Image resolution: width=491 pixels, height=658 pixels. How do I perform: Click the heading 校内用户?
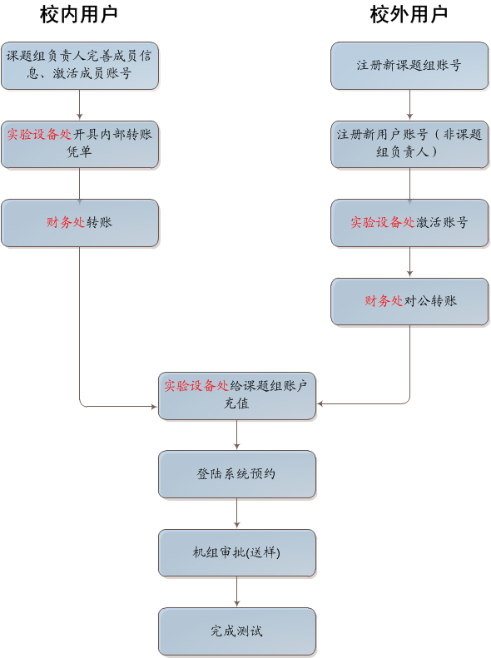coord(79,15)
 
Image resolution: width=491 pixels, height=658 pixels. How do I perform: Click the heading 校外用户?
coord(409,15)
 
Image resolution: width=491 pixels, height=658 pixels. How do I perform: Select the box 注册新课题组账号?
coord(409,66)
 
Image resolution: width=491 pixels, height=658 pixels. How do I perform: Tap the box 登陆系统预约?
coord(236,474)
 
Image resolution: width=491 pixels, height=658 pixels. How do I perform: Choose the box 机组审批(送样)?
coord(236,552)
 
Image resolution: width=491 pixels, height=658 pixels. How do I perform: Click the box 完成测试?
coord(236,631)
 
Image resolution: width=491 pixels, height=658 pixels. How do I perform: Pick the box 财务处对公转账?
coord(409,301)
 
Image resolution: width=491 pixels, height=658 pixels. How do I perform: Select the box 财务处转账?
coord(80,223)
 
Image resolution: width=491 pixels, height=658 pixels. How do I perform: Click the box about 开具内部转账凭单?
coord(80,145)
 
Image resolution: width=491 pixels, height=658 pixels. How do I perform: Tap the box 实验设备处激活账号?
coord(409,223)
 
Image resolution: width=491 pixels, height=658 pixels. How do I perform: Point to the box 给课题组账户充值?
coord(236,396)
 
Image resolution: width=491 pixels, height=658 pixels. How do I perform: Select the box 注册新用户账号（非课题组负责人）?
coord(409,145)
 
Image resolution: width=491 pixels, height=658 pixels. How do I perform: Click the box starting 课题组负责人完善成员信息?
coord(80,66)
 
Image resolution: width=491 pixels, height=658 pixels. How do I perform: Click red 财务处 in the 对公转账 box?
coord(384,301)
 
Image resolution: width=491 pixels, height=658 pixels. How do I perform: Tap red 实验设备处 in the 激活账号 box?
coord(383,222)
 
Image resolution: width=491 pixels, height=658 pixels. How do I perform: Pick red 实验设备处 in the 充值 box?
coord(196,386)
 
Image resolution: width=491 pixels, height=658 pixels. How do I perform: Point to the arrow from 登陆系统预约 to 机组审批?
coord(236,513)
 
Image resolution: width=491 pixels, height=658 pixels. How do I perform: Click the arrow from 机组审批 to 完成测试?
coord(236,591)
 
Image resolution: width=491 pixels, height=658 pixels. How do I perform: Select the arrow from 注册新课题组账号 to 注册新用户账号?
coord(409,105)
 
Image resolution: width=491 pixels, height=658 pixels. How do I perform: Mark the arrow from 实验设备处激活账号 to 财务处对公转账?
coord(409,262)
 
